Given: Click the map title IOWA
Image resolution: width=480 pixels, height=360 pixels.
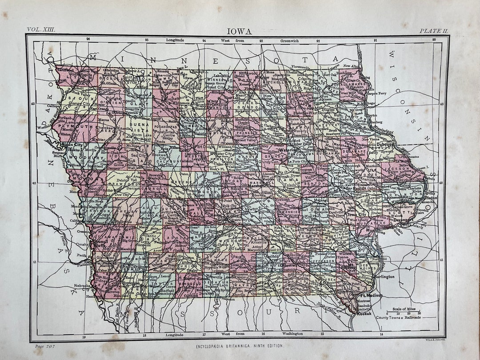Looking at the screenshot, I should [240, 31].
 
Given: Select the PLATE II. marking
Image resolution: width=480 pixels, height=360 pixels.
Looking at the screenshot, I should [433, 30].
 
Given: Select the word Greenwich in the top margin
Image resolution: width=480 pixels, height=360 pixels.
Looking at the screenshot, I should [290, 40].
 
